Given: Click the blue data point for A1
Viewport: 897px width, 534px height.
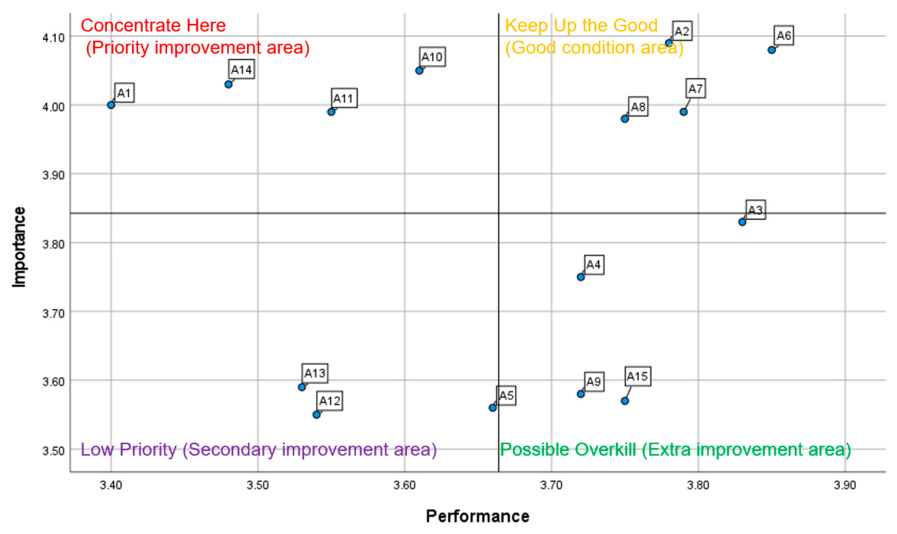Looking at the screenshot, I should click(x=111, y=105).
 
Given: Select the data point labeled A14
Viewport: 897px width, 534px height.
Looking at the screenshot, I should click(x=229, y=85).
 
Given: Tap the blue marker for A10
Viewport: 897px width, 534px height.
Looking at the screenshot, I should click(x=419, y=71).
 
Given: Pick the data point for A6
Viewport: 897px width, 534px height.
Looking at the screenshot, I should click(x=772, y=50).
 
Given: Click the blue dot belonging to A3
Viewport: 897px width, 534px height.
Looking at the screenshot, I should click(x=742, y=222).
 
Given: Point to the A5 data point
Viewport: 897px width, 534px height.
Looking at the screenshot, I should click(x=493, y=408).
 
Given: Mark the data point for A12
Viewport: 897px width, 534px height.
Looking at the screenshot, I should click(x=316, y=414).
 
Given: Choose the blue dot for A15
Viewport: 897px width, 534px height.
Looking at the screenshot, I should click(x=625, y=401).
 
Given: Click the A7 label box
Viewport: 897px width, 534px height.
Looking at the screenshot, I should click(x=695, y=88).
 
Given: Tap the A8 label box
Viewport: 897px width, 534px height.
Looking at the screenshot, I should click(x=638, y=107).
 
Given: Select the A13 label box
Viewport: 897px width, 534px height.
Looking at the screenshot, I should click(x=314, y=373).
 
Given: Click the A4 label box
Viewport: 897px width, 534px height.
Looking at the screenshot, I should click(x=593, y=265).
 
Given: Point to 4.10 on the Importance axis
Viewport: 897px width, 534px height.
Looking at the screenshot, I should click(x=53, y=37).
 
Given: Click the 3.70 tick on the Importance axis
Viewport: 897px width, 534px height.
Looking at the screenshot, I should click(x=53, y=313).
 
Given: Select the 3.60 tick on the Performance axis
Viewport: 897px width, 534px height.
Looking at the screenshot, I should click(x=404, y=485).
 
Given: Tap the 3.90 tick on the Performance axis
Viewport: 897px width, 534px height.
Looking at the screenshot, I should click(x=845, y=485).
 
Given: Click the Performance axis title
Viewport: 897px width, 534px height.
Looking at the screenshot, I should click(x=477, y=517).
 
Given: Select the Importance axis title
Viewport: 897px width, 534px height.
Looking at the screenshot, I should click(x=19, y=247).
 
